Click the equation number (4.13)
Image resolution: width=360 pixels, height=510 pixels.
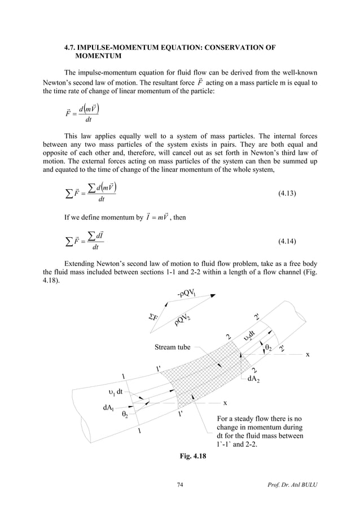(x=288, y=194)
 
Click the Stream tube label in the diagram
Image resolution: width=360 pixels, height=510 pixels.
(x=173, y=347)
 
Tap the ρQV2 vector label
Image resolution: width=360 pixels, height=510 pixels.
(x=184, y=319)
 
